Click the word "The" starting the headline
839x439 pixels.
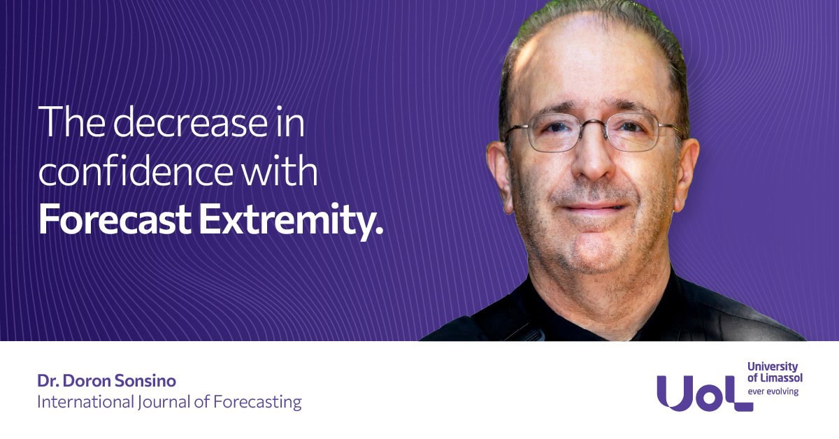coord(71,121)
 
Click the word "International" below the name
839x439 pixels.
coord(85,402)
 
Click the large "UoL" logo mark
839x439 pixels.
coord(705,394)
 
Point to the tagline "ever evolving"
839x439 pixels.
coord(773,391)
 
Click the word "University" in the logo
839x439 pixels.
coord(773,366)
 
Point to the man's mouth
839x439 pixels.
coord(594,207)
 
